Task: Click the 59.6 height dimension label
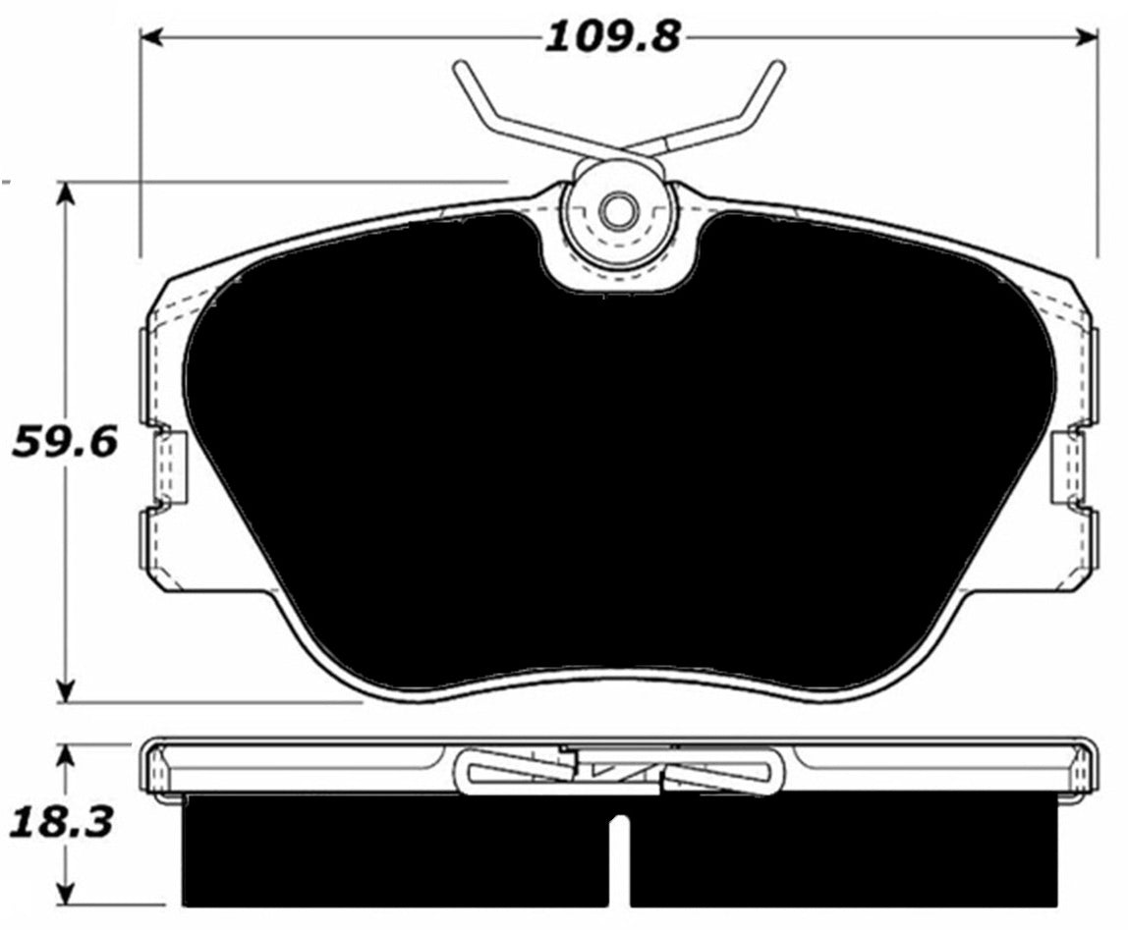[65, 442]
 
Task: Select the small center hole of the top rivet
[617, 211]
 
